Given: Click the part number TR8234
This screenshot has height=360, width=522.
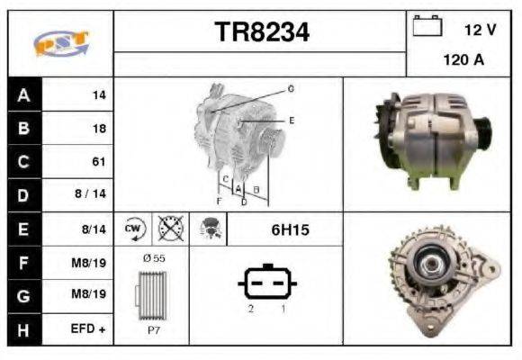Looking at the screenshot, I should click(261, 32).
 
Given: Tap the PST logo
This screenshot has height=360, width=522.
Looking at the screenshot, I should click(60, 42).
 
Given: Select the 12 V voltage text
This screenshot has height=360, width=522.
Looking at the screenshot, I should click(480, 30).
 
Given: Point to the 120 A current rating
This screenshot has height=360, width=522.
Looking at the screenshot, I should click(463, 61).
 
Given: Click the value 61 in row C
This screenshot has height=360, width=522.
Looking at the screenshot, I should click(98, 162).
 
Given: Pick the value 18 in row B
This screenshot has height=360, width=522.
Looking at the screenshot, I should click(98, 129).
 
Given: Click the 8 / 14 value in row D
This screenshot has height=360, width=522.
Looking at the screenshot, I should click(92, 195).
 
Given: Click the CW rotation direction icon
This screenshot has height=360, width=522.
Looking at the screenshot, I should click(134, 229).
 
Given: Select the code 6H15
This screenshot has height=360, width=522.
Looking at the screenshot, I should click(290, 230).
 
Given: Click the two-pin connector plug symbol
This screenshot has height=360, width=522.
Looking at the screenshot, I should click(267, 284).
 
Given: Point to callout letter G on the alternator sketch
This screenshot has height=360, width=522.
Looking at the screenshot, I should click(291, 89).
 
